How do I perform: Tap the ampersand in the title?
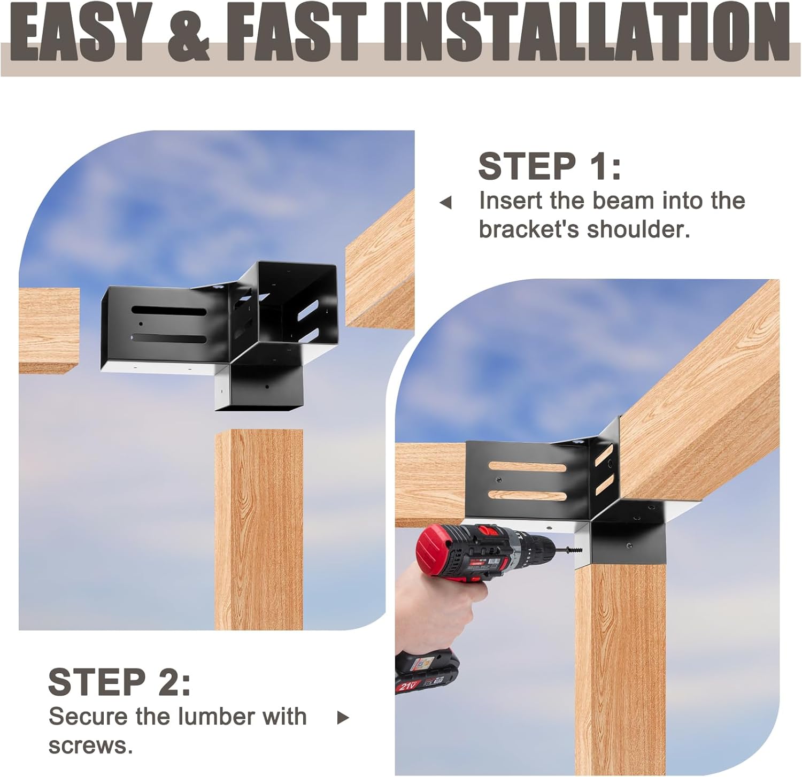(188, 33)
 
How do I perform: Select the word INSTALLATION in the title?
(585, 33)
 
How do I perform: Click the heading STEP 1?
(550, 166)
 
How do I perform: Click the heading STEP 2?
(119, 682)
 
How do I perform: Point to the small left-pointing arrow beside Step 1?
(445, 203)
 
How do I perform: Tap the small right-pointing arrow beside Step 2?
(343, 718)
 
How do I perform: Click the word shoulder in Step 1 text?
(638, 229)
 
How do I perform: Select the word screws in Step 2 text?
(90, 745)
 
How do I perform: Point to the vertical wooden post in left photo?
(259, 529)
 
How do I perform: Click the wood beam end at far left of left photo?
(49, 330)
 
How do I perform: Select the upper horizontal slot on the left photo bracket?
(169, 311)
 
